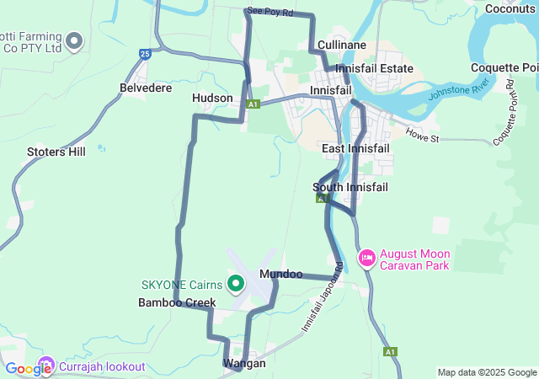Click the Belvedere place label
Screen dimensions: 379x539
click(146, 88)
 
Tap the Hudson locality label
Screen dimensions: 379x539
click(212, 99)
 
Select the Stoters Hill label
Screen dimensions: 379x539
click(56, 152)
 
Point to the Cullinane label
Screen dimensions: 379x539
click(341, 45)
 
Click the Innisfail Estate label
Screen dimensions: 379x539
click(374, 68)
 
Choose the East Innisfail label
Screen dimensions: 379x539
click(355, 148)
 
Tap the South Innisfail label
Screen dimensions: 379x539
click(349, 187)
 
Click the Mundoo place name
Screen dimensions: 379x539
click(281, 275)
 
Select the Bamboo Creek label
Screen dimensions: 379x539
click(177, 302)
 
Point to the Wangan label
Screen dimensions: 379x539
click(244, 364)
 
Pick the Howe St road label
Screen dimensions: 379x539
click(423, 134)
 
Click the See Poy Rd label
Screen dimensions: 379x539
click(270, 13)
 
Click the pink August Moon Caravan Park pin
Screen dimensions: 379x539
click(366, 258)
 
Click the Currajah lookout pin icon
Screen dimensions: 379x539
click(46, 366)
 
